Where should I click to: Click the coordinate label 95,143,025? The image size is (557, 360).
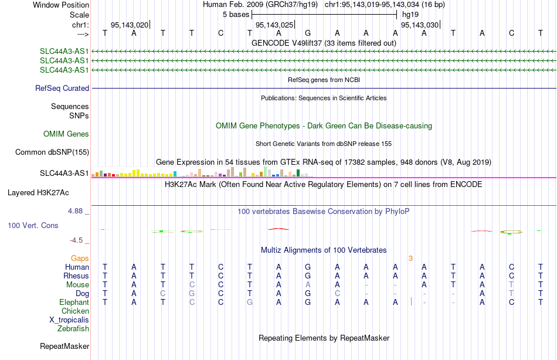pos(274,25)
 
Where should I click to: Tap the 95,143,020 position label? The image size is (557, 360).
pos(130,25)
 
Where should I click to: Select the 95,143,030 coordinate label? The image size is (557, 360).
pos(420,25)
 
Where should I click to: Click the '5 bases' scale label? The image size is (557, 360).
pos(236,15)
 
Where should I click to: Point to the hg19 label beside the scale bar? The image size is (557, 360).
pos(410,15)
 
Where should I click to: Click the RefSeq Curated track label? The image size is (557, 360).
pos(62,88)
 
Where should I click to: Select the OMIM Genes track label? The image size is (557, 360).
pos(66,134)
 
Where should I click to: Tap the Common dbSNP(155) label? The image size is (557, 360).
pos(52,152)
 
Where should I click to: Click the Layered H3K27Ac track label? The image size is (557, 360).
pos(38,193)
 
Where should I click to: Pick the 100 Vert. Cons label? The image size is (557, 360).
pos(33,225)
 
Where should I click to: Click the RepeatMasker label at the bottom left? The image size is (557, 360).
pos(64,346)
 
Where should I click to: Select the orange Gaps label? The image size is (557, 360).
pos(80,259)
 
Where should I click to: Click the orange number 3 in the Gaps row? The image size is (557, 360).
pos(410,259)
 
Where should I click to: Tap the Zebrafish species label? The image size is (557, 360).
pos(73,329)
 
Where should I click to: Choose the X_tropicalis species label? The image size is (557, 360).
pos(69,320)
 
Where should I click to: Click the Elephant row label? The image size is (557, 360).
pos(74,303)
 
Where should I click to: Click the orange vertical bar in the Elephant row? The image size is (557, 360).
pos(412,302)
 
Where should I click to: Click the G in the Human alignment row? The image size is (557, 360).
pos(308,267)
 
